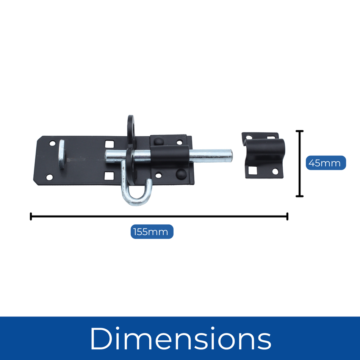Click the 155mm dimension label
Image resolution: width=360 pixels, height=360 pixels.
point(152,232)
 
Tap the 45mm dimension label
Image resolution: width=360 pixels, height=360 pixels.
point(326,163)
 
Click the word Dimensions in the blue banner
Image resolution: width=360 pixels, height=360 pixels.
point(180,338)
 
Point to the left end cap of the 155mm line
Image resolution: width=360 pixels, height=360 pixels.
point(31,216)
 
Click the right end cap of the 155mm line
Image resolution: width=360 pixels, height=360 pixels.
point(287,216)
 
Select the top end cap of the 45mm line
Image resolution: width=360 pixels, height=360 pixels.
point(299,131)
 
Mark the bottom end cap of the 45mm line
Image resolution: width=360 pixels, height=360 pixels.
point(299,196)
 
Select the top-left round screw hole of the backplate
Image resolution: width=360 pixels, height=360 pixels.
point(52,144)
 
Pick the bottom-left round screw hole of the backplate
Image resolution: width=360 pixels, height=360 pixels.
point(49,177)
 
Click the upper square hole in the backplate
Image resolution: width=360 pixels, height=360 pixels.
point(109,144)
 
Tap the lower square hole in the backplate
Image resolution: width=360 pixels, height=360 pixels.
point(109,175)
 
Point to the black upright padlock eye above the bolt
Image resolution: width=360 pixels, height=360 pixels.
point(131,128)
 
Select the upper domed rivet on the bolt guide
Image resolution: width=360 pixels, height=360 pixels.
point(159,141)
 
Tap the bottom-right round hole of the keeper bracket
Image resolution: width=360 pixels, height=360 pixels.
point(275,171)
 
